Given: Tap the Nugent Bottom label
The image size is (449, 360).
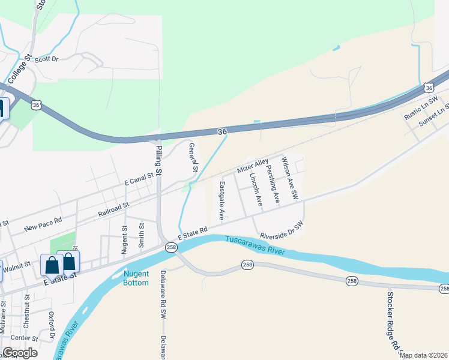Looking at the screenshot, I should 136,278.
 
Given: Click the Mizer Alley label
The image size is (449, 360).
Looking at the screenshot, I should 253,167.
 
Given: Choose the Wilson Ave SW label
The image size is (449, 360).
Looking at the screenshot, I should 290,179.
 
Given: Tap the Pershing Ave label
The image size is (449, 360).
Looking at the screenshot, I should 273,184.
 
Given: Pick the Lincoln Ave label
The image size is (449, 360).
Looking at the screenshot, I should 256,190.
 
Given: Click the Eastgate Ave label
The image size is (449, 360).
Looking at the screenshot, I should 221,200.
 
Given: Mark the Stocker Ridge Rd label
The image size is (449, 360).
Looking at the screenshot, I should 393,320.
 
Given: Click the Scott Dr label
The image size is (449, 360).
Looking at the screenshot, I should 46,59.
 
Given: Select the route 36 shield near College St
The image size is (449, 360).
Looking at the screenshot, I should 37,105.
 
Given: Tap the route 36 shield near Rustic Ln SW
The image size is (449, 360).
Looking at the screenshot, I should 428,87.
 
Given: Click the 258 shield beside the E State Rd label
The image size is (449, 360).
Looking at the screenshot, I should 171,247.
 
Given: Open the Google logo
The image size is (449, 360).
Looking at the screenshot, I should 20,352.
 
